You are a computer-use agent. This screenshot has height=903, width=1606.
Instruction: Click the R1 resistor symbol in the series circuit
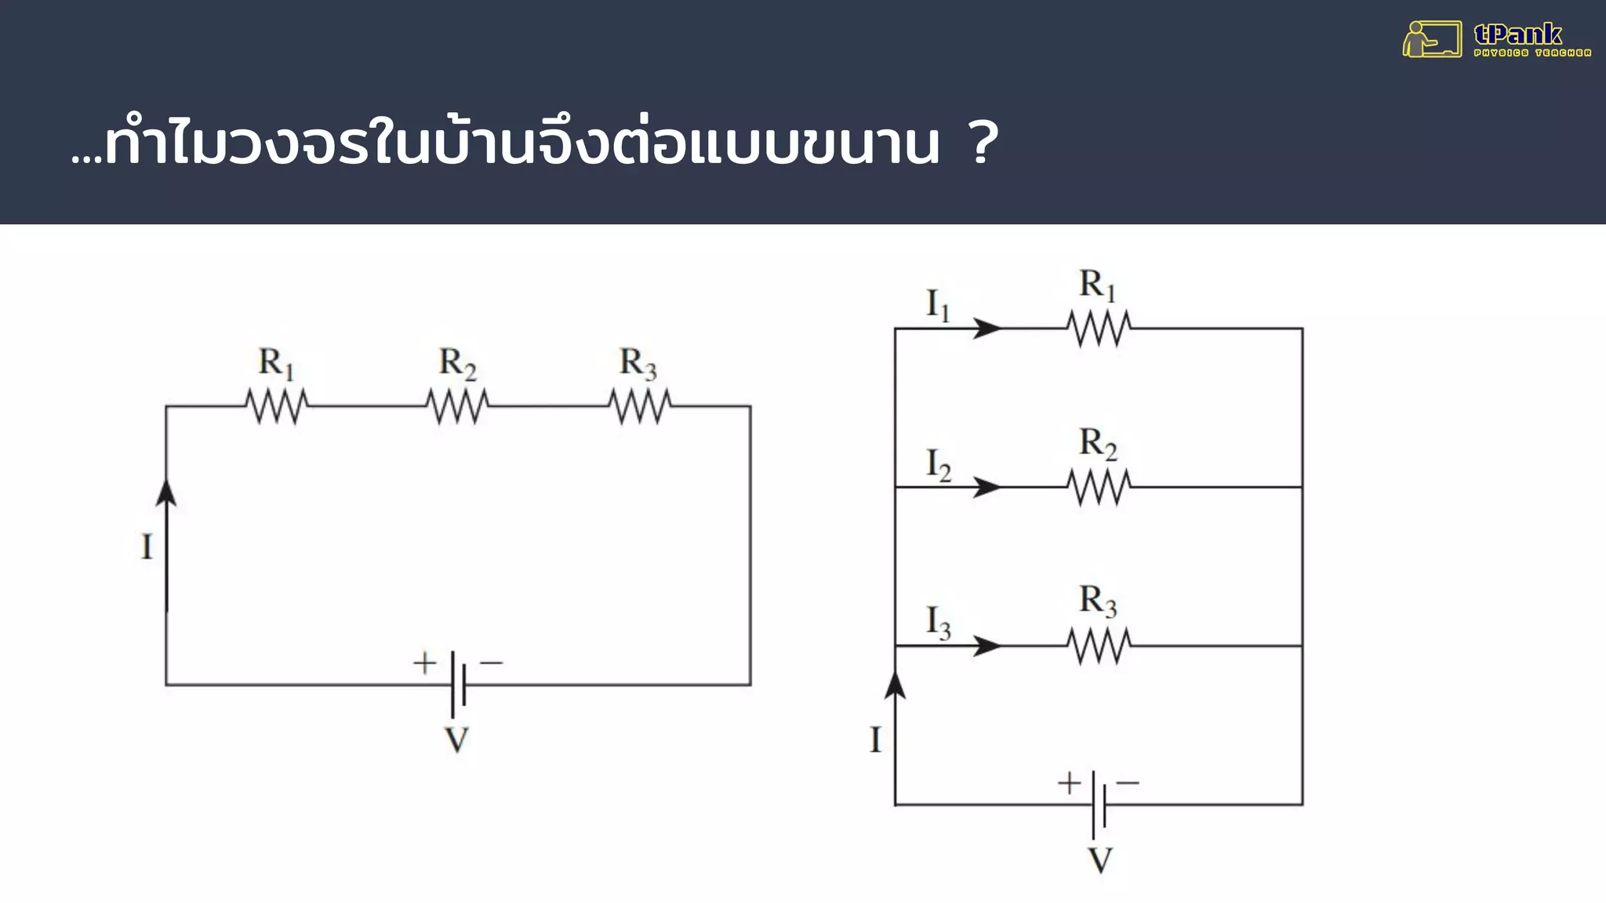pos(277,407)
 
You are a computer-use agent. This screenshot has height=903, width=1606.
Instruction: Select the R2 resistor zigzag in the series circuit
pos(458,407)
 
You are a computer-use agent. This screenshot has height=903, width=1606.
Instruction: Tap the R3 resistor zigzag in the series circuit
pos(640,407)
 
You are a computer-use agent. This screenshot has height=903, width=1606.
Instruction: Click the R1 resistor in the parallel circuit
pos(1099,328)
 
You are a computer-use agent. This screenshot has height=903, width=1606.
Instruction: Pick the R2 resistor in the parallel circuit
pos(1099,487)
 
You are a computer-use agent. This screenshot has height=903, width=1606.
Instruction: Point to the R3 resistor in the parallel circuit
pos(1099,646)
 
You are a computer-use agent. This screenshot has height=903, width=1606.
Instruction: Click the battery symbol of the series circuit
pos(459,684)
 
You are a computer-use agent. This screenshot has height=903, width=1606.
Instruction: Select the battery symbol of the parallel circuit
pos(1099,804)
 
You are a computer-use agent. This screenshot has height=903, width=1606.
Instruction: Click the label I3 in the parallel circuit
pos(938,622)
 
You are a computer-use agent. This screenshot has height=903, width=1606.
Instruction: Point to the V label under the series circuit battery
pos(456,740)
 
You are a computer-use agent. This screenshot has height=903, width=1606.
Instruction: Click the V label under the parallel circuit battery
pos(1100,860)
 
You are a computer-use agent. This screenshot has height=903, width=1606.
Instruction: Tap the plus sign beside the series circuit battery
pos(424,663)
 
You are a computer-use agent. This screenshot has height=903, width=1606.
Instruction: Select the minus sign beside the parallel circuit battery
pos(1127,782)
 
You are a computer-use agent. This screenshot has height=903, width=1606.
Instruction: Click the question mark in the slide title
pos(983,143)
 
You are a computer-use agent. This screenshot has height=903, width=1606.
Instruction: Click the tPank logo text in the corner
pos(1518,34)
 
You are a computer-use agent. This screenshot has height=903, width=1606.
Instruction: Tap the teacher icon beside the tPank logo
pos(1430,39)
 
